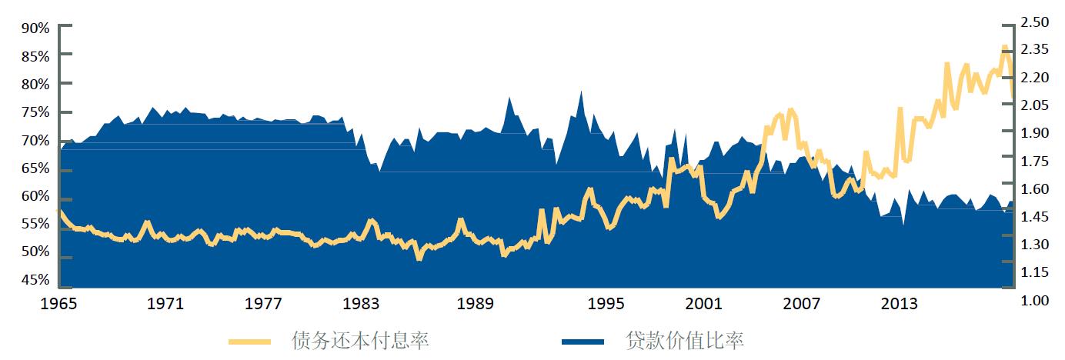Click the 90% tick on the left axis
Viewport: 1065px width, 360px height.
click(x=35, y=28)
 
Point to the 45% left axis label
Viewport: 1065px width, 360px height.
click(x=35, y=280)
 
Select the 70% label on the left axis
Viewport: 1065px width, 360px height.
click(x=35, y=141)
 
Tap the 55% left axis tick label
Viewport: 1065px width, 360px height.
click(x=35, y=225)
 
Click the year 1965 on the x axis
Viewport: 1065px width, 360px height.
click(x=59, y=304)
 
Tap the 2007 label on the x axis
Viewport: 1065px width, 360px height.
click(x=802, y=304)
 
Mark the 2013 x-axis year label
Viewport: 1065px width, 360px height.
click(x=899, y=304)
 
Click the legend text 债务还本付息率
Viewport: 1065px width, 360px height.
click(x=359, y=340)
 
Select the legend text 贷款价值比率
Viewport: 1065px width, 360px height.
click(x=685, y=340)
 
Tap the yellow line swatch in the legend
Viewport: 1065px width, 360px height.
click(x=250, y=341)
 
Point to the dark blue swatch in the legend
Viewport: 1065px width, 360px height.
click(x=582, y=341)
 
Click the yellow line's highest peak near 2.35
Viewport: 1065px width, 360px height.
click(x=1004, y=48)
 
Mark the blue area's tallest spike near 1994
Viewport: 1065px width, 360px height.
click(x=581, y=92)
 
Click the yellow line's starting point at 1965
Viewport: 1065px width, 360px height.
click(x=61, y=211)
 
